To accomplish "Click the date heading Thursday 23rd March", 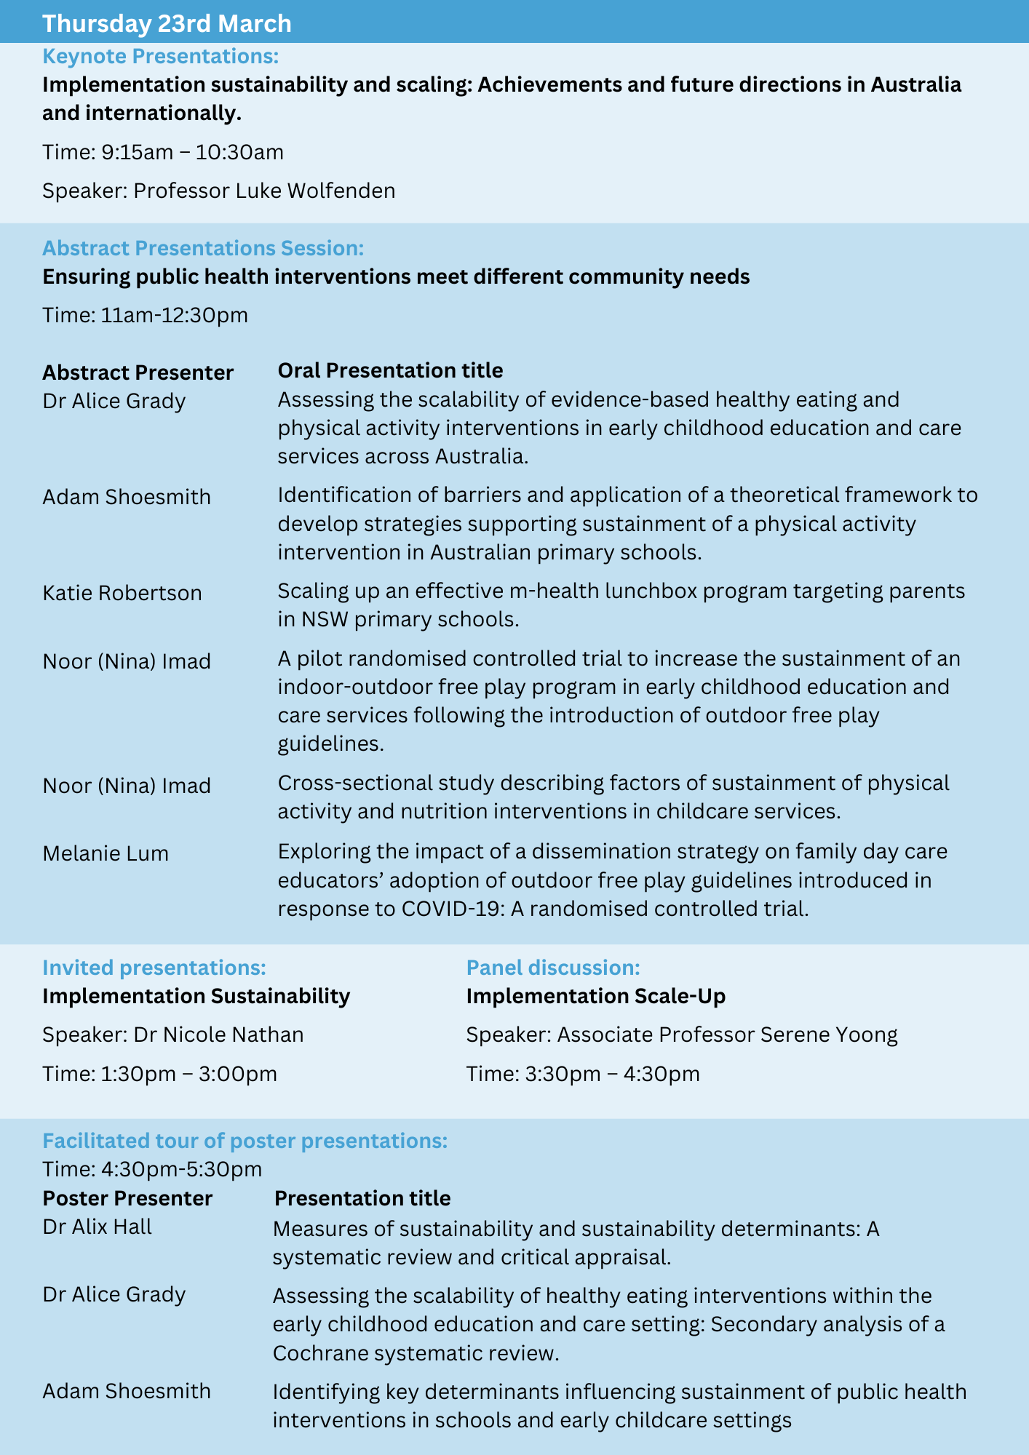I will (167, 23).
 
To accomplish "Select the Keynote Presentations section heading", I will (160, 56).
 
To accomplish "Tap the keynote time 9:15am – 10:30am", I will (192, 152).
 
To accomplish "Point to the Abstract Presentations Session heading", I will (202, 248).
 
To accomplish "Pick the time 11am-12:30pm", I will (175, 315).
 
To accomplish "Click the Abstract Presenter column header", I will (138, 372).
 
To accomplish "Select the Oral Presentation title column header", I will (390, 370).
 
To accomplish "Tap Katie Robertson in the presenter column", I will (122, 593).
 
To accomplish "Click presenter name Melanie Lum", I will (106, 853).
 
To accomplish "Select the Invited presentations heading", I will (154, 968).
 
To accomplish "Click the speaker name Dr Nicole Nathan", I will (218, 1035).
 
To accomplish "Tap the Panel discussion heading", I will (553, 968).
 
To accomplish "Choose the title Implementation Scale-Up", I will (596, 996).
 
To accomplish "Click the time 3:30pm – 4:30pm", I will (612, 1074).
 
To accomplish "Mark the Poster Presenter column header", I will (127, 1198).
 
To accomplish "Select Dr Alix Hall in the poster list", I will (98, 1227).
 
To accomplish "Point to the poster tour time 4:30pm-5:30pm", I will (182, 1169).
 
